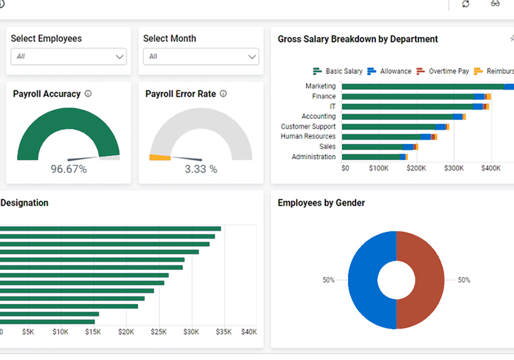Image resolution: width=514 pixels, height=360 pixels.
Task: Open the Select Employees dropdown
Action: pos(68,57)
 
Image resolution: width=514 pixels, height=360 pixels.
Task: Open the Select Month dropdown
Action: pos(201,57)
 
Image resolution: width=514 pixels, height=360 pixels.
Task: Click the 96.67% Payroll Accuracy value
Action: pos(68,169)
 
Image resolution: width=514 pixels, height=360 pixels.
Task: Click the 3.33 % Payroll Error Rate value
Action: pos(201,169)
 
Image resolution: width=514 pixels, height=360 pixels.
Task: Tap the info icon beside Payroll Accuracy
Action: pos(88,94)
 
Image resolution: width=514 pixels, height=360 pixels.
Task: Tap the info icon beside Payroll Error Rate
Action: pos(223,94)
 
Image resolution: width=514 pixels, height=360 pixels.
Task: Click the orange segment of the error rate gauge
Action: pos(159,157)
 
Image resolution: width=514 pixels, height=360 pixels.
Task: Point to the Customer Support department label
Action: pos(308,127)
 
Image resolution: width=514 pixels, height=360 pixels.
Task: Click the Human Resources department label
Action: pos(308,136)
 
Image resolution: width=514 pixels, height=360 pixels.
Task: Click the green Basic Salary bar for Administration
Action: pos(370,157)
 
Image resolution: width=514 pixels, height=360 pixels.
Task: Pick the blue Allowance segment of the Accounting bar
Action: pos(457,117)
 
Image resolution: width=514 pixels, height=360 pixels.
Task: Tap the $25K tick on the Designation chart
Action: pos(159,332)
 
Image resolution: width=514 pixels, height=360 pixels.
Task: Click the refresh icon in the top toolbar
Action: pos(466,4)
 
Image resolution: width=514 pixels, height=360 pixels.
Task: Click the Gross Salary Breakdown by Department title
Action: pos(358,39)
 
